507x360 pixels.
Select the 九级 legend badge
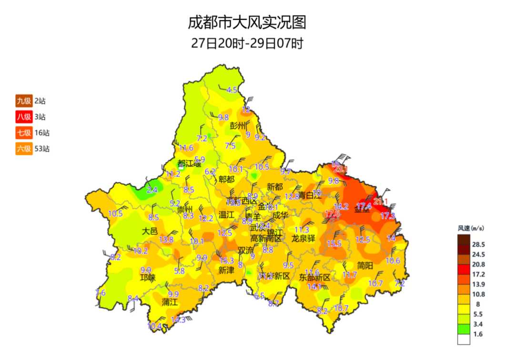24,101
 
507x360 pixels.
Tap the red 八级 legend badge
24,117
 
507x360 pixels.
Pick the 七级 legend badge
24,133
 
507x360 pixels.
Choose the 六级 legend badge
24,149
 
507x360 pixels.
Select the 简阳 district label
365,265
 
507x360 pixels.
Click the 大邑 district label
150,231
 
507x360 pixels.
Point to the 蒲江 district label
169,302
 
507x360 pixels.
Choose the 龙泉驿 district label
304,238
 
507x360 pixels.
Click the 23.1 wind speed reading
340,169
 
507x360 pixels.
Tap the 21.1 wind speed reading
381,201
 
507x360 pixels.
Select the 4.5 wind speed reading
232,90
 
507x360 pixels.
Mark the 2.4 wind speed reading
152,190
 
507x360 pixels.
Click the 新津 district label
226,270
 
